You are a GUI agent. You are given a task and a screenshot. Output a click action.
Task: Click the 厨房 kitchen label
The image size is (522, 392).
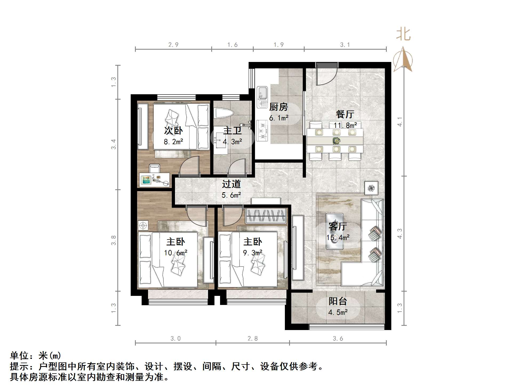click(278, 107)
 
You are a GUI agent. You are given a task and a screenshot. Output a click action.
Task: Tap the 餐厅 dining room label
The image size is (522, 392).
click(345, 114)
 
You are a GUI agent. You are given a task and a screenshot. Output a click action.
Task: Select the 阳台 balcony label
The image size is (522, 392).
click(338, 301)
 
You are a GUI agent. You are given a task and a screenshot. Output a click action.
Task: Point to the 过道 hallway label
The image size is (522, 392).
click(231, 184)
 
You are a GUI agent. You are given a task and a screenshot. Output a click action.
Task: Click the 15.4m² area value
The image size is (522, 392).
click(338, 237)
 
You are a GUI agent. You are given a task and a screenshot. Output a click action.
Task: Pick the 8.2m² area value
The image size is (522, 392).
click(173, 142)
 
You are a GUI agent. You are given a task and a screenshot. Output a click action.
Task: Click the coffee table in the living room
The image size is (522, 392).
click(334, 231)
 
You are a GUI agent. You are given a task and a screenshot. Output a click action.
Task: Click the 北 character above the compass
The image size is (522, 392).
click(403, 35)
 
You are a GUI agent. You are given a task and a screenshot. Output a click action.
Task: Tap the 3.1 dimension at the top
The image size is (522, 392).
click(345, 45)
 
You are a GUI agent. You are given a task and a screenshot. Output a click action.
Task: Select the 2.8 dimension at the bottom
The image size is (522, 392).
click(253, 339)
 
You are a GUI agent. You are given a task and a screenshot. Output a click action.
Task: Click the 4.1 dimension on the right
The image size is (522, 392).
click(400, 122)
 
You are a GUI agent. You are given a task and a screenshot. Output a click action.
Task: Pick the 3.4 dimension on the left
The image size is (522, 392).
click(114, 144)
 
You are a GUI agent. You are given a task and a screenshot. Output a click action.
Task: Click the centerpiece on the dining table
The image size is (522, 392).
click(336, 140)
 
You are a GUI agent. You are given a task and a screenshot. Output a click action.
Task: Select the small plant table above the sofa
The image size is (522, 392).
click(371, 188)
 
